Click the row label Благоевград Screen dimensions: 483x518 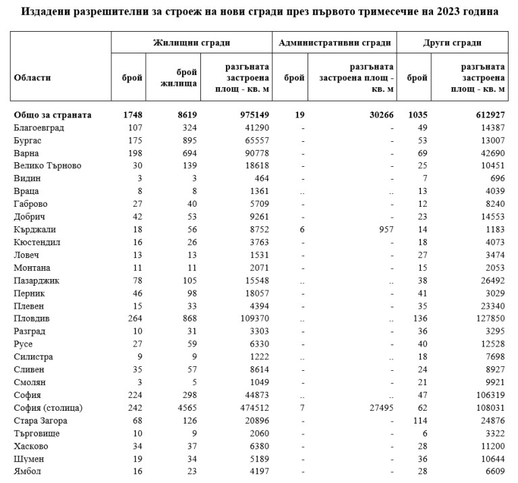38,128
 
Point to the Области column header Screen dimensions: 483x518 32,78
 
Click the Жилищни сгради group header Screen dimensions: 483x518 192,43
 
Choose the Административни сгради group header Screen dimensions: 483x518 335,43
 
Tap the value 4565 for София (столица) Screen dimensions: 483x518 185,408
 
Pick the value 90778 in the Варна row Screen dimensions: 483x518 256,153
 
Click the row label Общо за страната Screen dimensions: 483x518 53,115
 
